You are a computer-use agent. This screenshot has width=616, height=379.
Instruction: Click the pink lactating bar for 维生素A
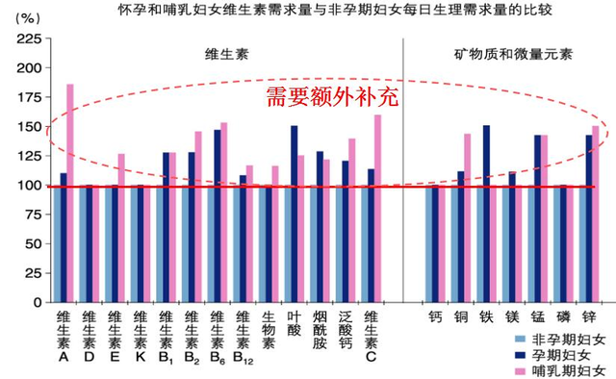69,192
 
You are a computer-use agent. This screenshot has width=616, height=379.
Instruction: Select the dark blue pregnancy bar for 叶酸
294,214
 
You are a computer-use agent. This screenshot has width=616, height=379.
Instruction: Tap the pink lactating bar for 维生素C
377,207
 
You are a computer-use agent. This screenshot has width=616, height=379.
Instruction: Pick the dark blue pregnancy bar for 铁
486,214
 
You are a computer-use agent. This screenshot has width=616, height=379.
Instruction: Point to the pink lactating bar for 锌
595,214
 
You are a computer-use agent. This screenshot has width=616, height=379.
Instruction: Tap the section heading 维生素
226,58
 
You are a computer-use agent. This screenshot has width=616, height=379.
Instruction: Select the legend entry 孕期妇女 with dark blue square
563,353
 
